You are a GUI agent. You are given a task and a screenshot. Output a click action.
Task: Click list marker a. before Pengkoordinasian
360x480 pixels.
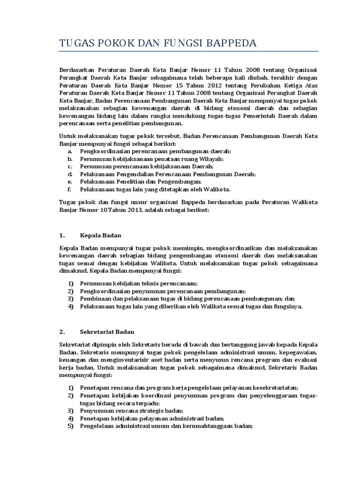tap(69, 151)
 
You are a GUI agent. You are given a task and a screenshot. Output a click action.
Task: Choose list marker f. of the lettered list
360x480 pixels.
tap(69, 189)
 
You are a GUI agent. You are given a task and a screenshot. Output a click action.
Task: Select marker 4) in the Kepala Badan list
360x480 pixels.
tap(71, 306)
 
